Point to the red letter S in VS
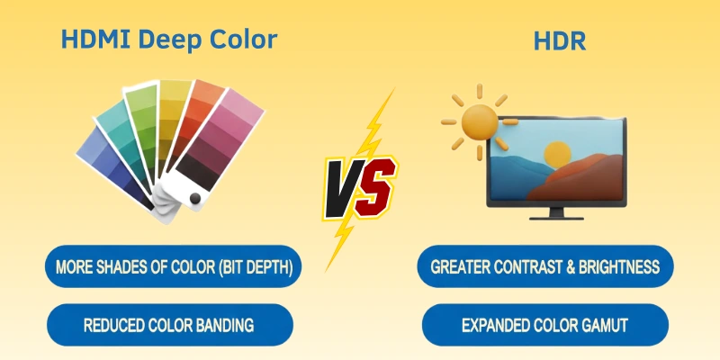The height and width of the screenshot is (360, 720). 375,184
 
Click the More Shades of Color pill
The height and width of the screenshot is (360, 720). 173,267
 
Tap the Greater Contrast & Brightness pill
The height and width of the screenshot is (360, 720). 545,267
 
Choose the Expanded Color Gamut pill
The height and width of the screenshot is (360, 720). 545,325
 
